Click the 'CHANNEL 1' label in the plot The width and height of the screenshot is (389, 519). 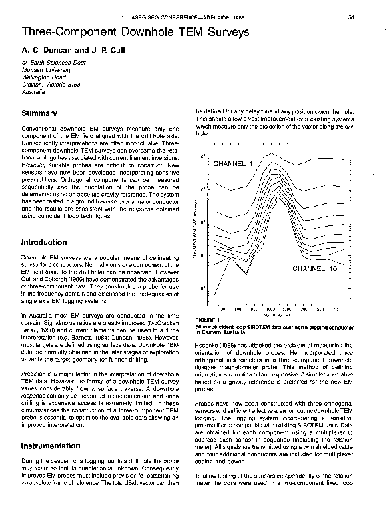click(x=233, y=164)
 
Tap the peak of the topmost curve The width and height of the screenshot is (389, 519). click(x=270, y=154)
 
